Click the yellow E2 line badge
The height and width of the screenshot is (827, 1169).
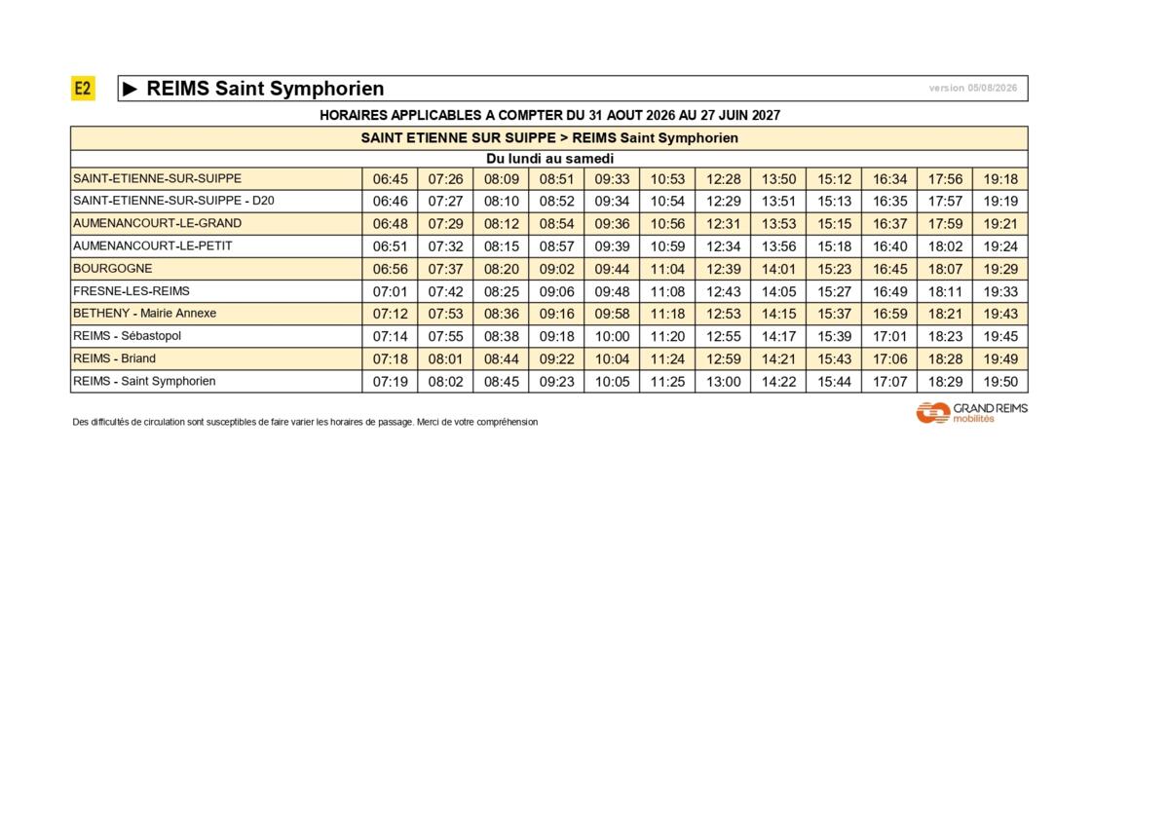click(x=83, y=89)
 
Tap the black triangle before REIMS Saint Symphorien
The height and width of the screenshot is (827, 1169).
click(x=130, y=89)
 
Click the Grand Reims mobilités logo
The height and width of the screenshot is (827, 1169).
click(x=972, y=413)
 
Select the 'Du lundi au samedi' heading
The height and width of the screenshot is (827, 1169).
click(x=549, y=159)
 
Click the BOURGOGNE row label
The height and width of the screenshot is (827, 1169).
click(x=113, y=269)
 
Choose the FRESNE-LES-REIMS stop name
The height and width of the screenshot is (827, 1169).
click(x=132, y=291)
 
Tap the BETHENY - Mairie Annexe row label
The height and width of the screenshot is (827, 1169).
click(x=144, y=313)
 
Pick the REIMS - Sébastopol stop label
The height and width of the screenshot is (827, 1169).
click(x=127, y=336)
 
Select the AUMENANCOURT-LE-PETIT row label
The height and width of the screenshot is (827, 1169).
click(x=152, y=245)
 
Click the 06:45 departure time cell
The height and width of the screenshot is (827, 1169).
click(x=390, y=179)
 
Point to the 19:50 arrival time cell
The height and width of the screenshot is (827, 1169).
click(x=1000, y=382)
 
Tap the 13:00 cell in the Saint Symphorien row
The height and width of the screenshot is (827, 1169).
click(x=723, y=382)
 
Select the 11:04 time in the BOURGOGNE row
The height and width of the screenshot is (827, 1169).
click(x=667, y=269)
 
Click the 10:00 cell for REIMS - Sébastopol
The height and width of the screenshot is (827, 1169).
click(x=612, y=336)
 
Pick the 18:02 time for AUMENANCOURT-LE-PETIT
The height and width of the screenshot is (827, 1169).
click(x=945, y=246)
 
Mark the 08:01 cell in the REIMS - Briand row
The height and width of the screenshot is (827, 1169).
click(x=446, y=359)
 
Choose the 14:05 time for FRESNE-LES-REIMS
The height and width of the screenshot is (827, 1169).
click(x=778, y=291)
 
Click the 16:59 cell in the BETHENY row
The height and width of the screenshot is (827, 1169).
click(x=889, y=314)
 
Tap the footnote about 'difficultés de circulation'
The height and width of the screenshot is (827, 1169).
click(x=305, y=422)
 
